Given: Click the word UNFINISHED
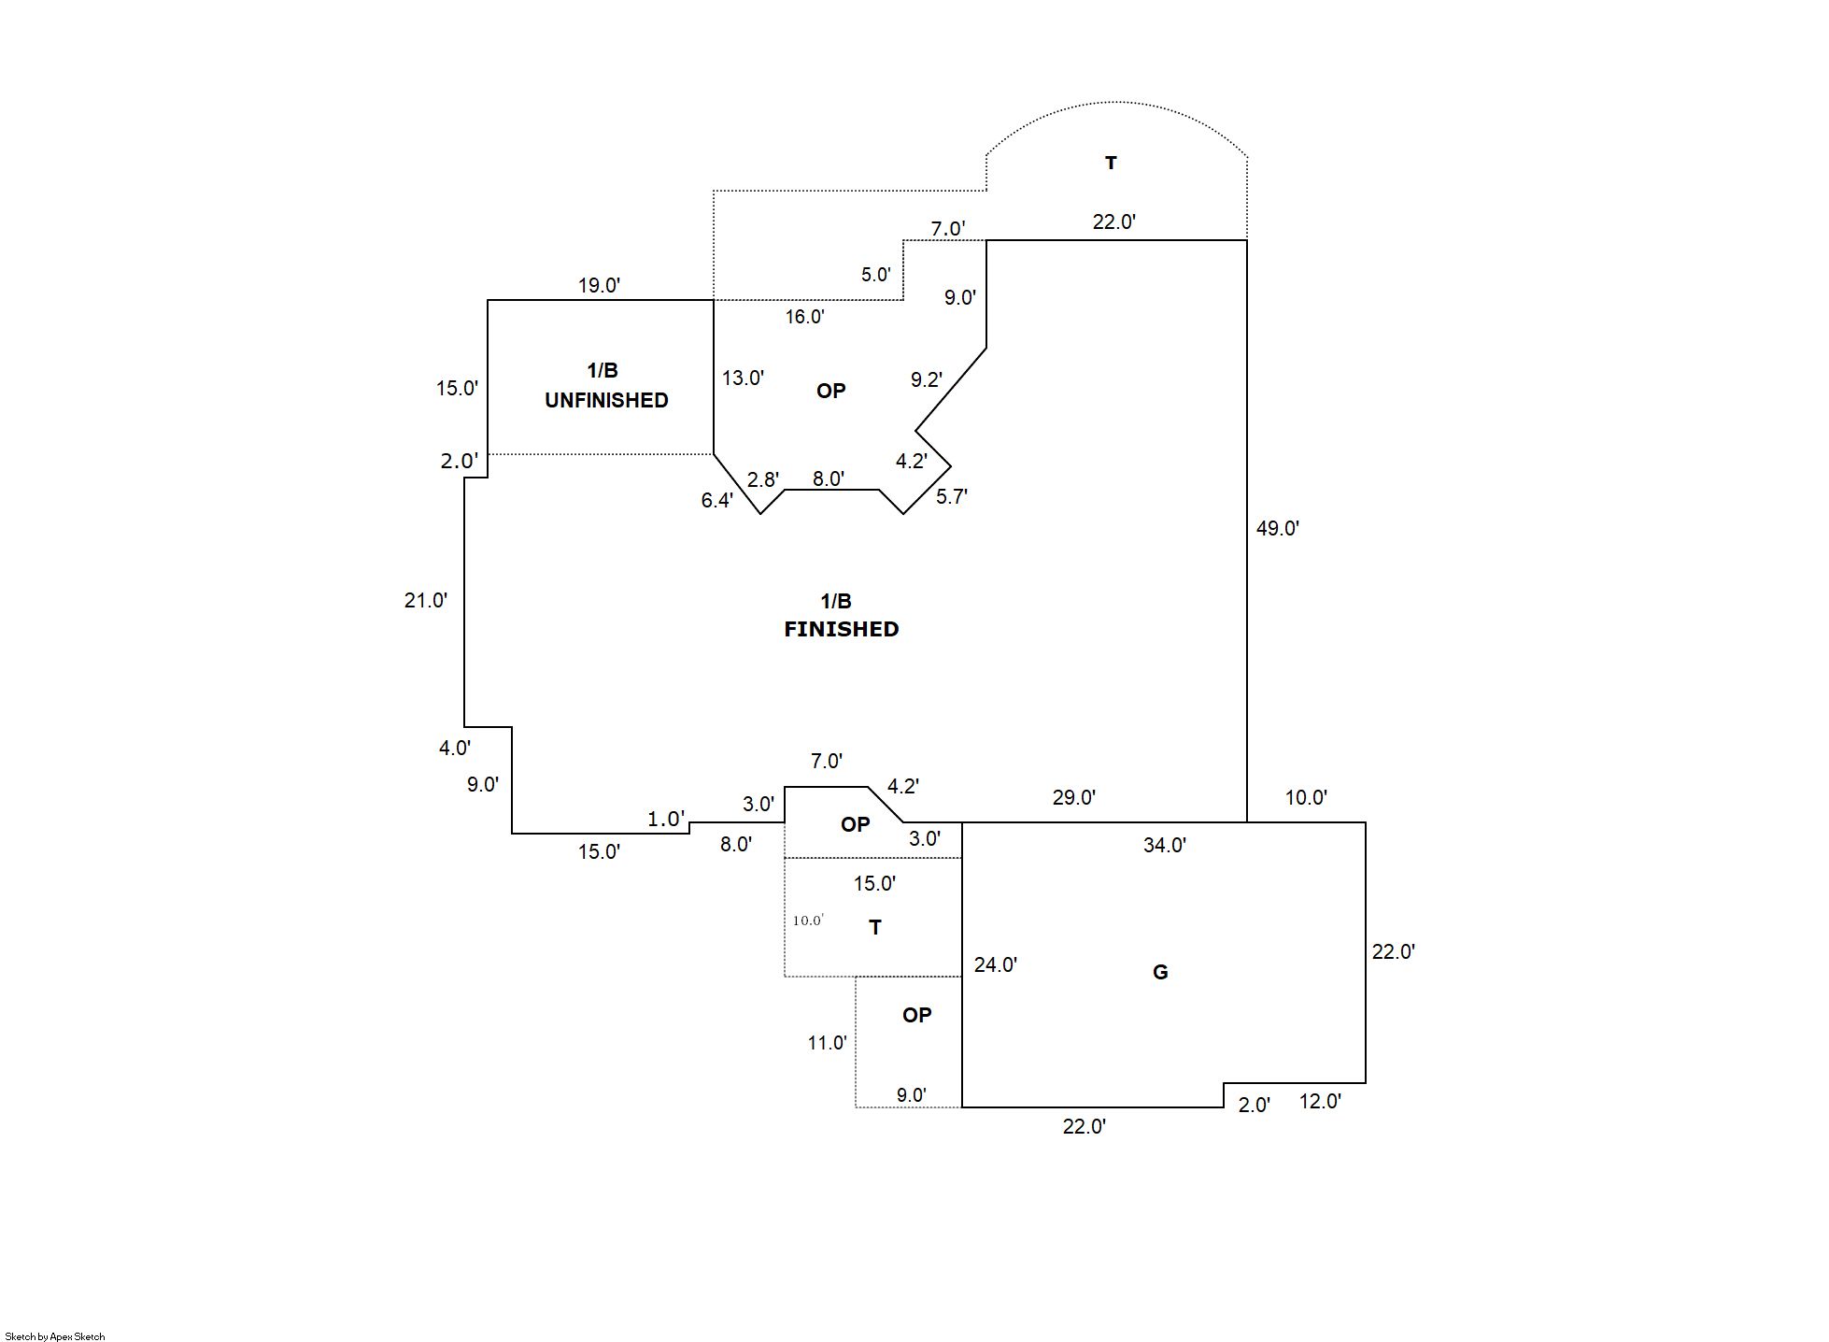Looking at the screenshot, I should [606, 400].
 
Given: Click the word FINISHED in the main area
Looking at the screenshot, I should [841, 629].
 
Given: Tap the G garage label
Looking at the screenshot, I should [1160, 972].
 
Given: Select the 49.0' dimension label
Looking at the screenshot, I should [1277, 528].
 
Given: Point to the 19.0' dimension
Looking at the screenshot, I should [599, 285].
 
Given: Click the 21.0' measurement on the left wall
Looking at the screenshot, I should [425, 600].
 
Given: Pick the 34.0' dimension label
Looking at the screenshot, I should [1164, 845].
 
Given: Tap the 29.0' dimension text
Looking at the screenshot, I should [1073, 797].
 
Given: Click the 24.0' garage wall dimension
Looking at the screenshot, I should [995, 964].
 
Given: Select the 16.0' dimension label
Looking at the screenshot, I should [804, 317].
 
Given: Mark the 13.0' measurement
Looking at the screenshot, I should [743, 378].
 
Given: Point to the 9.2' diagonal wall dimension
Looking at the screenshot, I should [926, 379].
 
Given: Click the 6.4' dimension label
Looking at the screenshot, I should [716, 501].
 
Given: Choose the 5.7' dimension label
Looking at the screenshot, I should [952, 497].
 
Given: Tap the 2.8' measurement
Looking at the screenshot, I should [762, 479].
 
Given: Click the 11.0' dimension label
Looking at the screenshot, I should [827, 1043].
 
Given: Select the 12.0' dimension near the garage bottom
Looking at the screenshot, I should [1320, 1101].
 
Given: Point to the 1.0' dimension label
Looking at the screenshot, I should [666, 820].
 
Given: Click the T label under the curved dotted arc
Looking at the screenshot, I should [1111, 163].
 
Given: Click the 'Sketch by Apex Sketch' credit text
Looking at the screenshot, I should [55, 1336].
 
